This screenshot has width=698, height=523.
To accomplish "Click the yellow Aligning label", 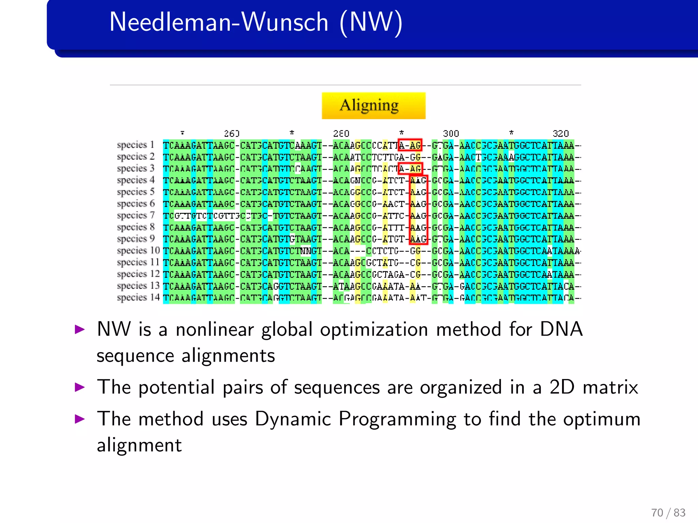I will (x=374, y=106).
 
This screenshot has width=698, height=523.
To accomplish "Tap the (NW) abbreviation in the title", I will (x=371, y=22).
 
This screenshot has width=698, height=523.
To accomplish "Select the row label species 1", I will (x=135, y=145).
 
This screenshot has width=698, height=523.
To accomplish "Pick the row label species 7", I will (x=135, y=216).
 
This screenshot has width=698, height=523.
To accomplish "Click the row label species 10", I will (x=138, y=251).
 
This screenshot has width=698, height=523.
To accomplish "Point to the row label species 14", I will (x=138, y=298).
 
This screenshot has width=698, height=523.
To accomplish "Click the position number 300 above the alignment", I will (x=451, y=133).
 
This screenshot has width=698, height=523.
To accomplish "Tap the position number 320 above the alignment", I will (x=560, y=133).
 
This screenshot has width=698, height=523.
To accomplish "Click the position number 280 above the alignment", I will (x=341, y=133).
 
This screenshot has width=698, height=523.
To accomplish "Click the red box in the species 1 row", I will (x=410, y=145).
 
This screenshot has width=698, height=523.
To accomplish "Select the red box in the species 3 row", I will (x=410, y=168).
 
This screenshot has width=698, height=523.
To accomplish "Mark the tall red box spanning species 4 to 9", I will (x=418, y=210).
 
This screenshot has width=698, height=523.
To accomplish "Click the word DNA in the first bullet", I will (x=561, y=330).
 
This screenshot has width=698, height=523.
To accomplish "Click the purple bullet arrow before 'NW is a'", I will (x=80, y=329).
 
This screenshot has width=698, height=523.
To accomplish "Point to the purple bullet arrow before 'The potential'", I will (x=80, y=387).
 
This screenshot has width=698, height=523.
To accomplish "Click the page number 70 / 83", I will (x=668, y=512).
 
